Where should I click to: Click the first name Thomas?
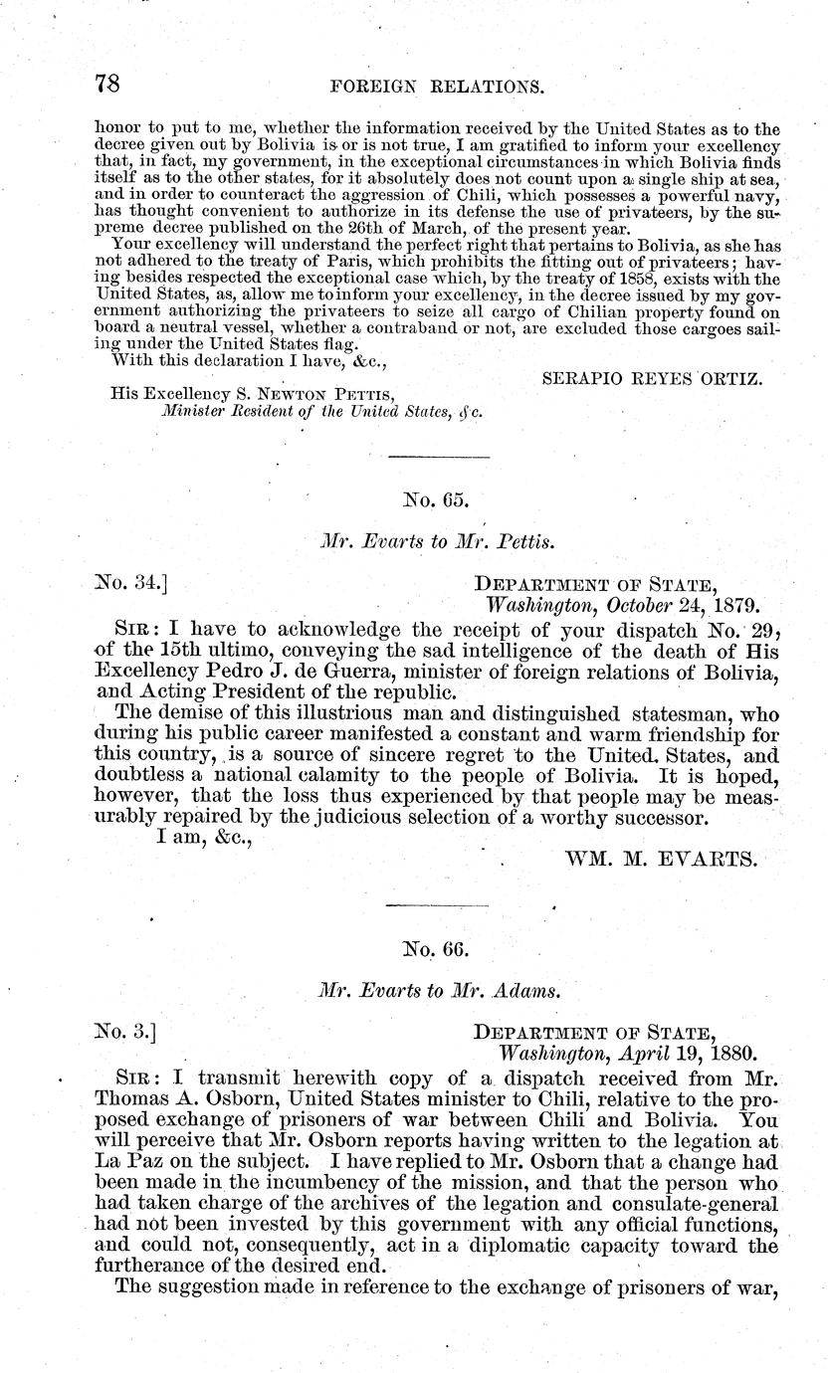coord(133,1096)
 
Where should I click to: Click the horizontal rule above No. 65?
coord(438,456)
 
